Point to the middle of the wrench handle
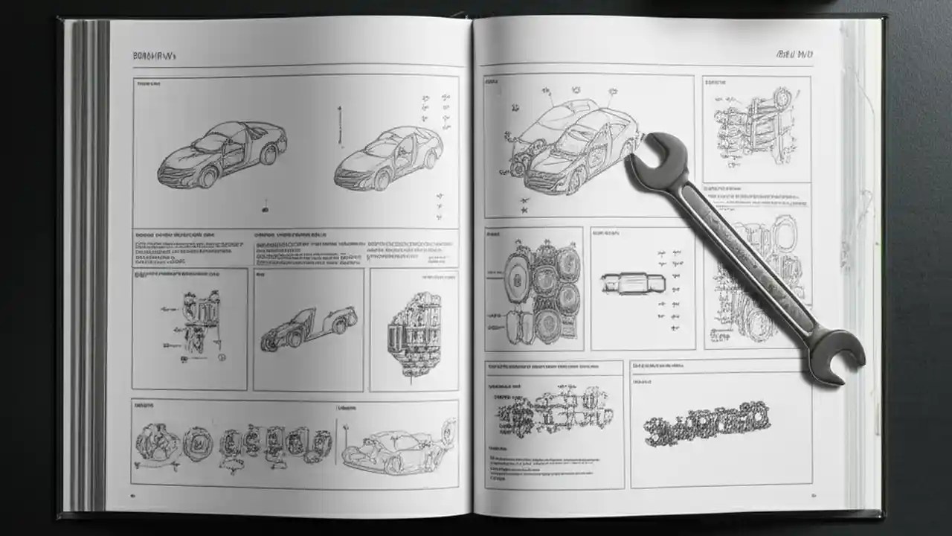(x=744, y=253)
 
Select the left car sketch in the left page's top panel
(x=222, y=153)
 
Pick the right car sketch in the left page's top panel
(x=388, y=159)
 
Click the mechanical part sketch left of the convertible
(x=195, y=325)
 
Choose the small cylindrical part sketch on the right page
(x=633, y=284)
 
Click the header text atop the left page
(x=153, y=56)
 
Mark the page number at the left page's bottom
(x=133, y=494)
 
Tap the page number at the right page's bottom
(x=814, y=494)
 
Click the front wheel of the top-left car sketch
(x=208, y=177)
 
